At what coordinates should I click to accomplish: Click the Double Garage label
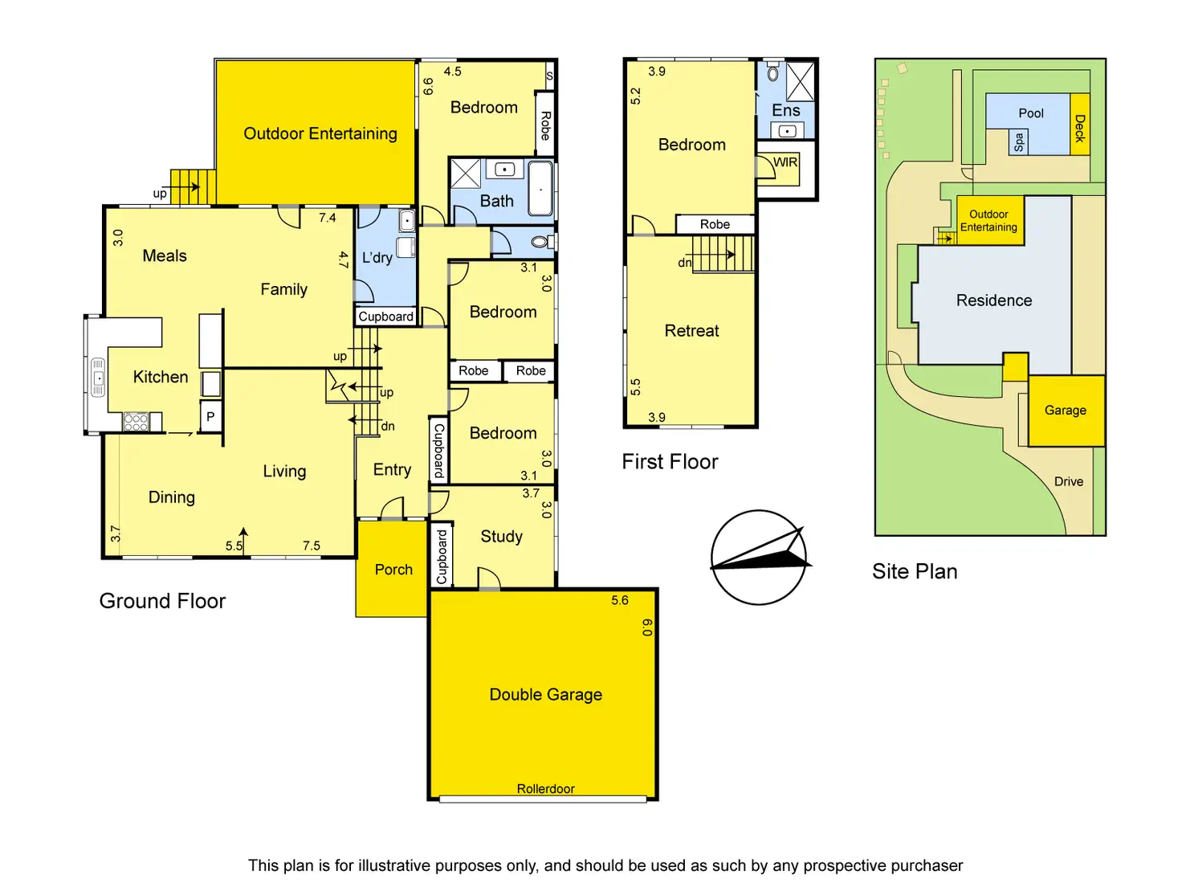point(545,694)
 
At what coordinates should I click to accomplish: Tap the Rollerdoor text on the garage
point(545,788)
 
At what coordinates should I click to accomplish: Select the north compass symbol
point(760,557)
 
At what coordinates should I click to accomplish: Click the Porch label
point(393,570)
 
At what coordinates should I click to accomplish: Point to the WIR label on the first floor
point(785,162)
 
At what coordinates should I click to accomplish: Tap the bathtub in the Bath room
point(540,189)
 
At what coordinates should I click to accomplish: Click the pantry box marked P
point(210,415)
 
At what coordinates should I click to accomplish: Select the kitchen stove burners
point(136,421)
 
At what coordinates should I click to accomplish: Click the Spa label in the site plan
point(1017,142)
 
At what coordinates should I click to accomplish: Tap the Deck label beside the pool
point(1079,129)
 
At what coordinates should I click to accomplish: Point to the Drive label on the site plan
point(1069,481)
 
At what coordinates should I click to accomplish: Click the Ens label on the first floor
point(785,110)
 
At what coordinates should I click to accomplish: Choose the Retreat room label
point(691,330)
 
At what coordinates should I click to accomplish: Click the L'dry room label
point(377,257)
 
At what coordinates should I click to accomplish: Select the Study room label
point(501,537)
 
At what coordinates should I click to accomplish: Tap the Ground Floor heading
point(162,600)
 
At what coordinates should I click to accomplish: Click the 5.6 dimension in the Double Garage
point(619,600)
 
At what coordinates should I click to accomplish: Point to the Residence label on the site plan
point(993,300)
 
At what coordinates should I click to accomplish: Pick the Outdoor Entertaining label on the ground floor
point(320,133)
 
